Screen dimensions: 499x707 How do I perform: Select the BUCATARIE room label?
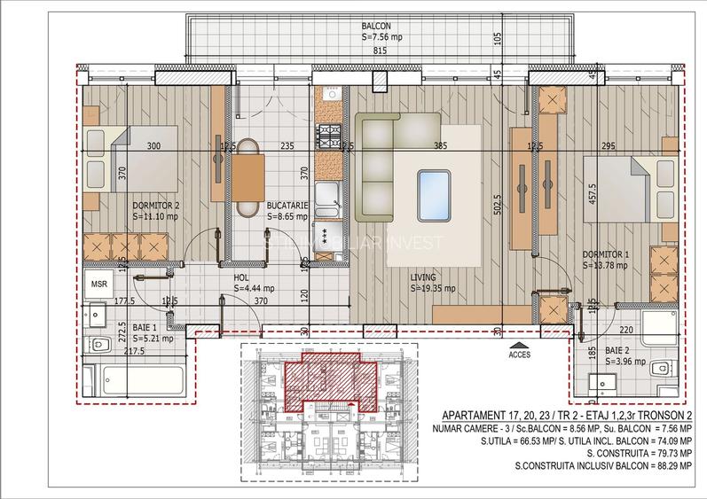coord(287,205)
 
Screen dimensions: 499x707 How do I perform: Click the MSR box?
coord(98,284)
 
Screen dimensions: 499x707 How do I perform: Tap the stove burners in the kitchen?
coord(330,136)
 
